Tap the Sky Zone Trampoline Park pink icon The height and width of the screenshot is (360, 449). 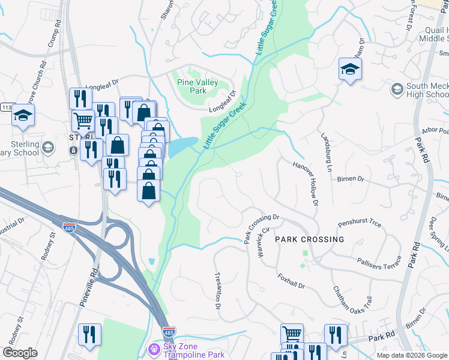pos(154,349)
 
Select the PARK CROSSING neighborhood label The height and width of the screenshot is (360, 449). pos(310,239)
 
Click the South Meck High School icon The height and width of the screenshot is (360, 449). pos(396,89)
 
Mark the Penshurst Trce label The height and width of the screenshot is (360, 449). pos(359,224)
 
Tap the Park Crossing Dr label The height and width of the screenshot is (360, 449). pos(262,229)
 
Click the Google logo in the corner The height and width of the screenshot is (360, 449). pos(20,353)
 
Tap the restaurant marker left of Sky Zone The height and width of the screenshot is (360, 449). pos(89,335)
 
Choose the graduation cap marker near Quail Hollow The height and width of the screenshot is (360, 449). pos(349,69)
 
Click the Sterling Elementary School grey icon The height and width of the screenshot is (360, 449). pos(48,146)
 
